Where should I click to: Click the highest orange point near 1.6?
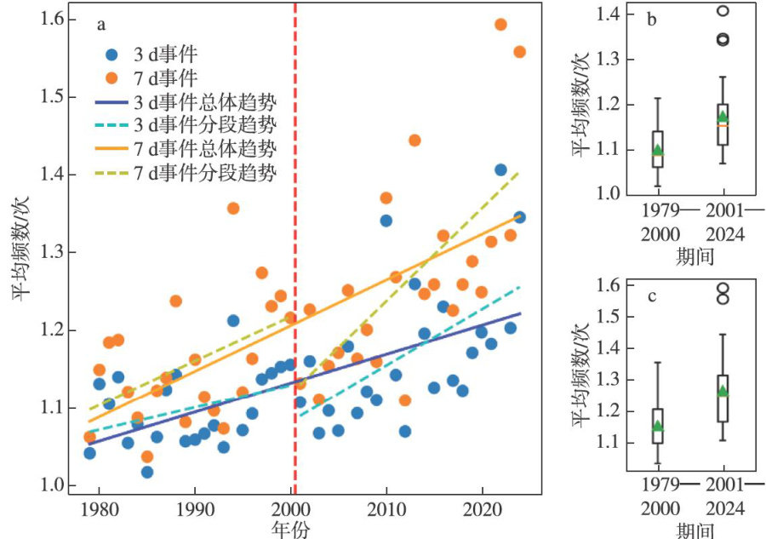500,25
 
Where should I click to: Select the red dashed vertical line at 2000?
295,255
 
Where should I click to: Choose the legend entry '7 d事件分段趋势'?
204,173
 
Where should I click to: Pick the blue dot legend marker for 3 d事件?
112,54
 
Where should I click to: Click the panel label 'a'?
101,25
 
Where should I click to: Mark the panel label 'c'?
651,297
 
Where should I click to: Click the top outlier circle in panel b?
723,11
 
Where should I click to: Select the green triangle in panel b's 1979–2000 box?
657,150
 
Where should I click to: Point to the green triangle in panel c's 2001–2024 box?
723,391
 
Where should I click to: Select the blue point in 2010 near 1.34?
386,221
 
